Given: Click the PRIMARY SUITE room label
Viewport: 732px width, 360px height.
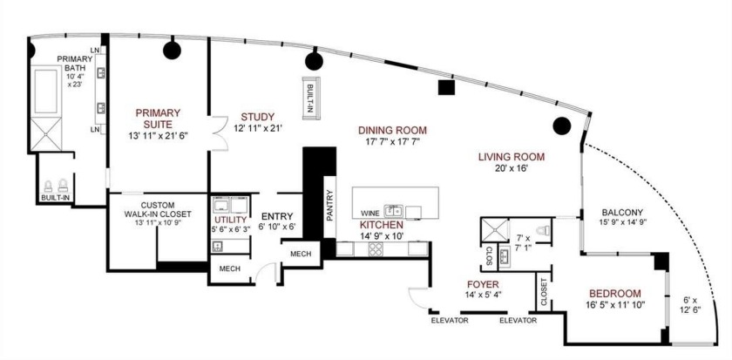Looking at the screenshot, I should [158, 118].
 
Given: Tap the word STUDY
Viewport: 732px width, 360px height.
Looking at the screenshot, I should [258, 117].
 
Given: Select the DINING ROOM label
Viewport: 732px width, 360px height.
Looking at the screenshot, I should [393, 130].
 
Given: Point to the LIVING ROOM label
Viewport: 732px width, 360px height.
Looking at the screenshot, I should [511, 158].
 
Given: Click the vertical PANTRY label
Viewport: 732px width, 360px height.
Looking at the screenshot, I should [330, 207].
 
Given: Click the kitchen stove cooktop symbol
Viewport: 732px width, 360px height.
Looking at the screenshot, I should [376, 248].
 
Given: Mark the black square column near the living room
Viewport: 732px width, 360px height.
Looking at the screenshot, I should [446, 87].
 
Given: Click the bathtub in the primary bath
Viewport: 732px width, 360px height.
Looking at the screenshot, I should [45, 92].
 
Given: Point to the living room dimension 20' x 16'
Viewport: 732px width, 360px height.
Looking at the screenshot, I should [511, 171].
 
